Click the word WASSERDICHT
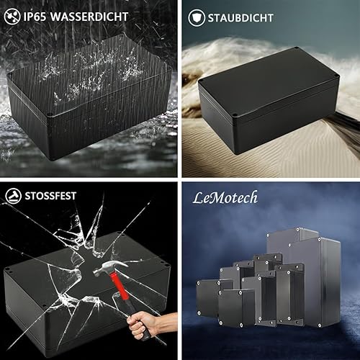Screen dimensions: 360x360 point(89,17)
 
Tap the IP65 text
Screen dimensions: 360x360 point(35,17)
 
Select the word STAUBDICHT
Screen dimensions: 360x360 point(240,18)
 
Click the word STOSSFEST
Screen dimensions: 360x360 point(50,196)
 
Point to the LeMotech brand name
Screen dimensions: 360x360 point(225,198)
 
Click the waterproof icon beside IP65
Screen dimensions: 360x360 point(12,17)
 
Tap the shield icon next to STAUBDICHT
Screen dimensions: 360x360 point(197,18)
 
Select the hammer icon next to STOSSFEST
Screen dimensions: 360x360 point(14,196)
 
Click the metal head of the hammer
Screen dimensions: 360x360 point(109,268)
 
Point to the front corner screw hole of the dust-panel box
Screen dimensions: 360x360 point(235,114)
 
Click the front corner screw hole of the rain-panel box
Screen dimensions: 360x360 point(50,114)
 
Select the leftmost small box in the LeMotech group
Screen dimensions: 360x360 point(208,298)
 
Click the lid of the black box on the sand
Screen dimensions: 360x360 point(269,81)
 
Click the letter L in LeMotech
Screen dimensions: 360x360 point(198,198)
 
